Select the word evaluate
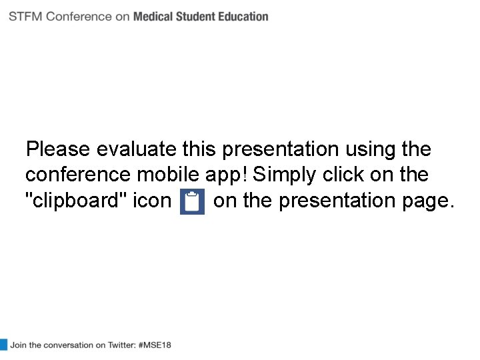137,149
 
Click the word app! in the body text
227,175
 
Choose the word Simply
285,175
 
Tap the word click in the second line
344,175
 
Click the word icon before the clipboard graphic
152,201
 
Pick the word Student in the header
198,17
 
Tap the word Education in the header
244,17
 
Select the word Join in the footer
18,345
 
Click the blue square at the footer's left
3,345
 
